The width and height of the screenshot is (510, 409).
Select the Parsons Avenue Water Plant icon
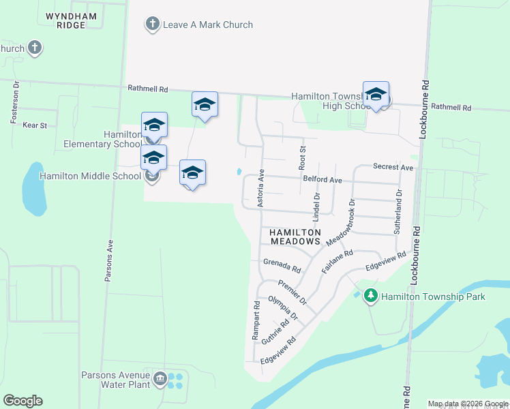pyautogui.click(x=160, y=378)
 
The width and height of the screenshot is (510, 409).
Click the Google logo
pyautogui.click(x=22, y=401)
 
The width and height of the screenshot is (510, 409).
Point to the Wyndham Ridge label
pyautogui.click(x=66, y=20)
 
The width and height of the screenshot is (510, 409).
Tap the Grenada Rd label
pyautogui.click(x=282, y=264)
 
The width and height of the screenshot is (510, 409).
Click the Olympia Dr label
pyautogui.click(x=283, y=307)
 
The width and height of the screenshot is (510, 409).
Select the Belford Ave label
pyautogui.click(x=322, y=179)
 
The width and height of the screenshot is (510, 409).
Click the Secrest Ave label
pyautogui.click(x=393, y=167)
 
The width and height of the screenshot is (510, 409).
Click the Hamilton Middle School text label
pyautogui.click(x=90, y=176)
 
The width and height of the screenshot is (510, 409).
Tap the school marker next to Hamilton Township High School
pyautogui.click(x=376, y=95)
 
